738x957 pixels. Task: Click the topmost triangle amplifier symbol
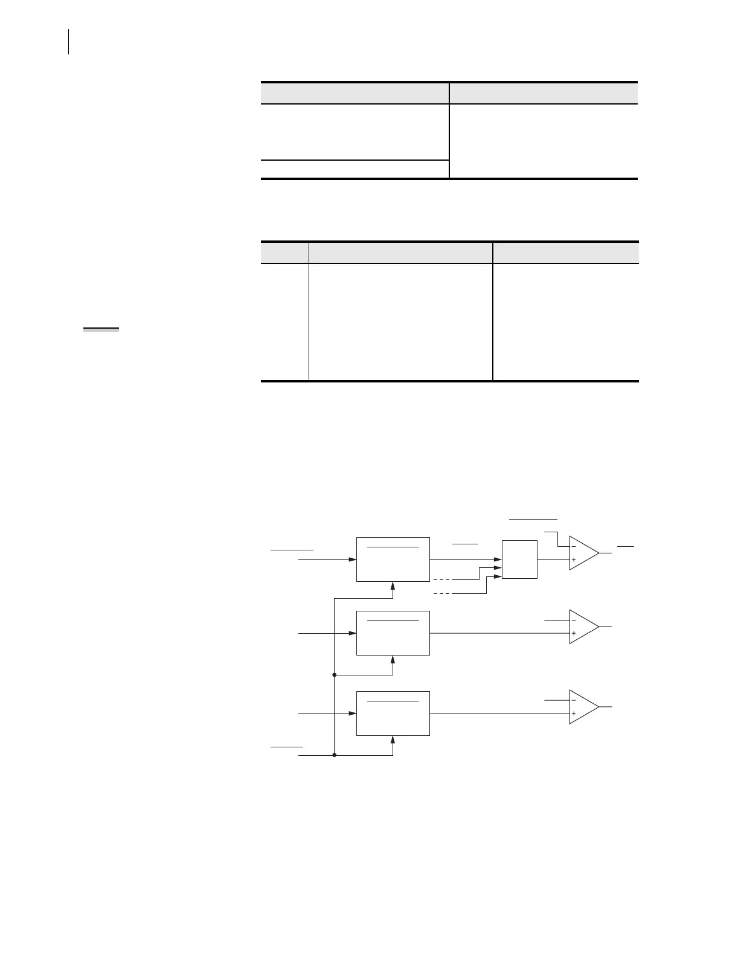pos(582,553)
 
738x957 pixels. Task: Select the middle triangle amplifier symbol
pos(582,627)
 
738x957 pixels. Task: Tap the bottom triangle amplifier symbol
pos(582,707)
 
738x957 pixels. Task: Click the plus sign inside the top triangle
pos(573,560)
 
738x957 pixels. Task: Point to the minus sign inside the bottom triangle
pos(573,700)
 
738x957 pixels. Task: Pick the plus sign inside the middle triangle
pos(573,634)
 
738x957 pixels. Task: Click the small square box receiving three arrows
pos(519,559)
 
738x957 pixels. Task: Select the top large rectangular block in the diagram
pos(393,559)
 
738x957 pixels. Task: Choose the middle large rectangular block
pos(393,633)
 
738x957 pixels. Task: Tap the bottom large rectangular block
pos(393,714)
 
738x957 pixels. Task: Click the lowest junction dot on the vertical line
pos(334,755)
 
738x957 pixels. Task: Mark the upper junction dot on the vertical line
pos(334,674)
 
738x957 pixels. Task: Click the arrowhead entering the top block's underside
pos(393,586)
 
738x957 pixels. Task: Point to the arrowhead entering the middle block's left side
pos(353,634)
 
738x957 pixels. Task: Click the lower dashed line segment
pos(443,594)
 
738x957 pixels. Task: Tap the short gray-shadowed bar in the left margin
pos(101,329)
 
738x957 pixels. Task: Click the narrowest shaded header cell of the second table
pos(284,253)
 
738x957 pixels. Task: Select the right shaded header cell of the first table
pos(544,94)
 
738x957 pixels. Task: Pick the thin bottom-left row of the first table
pos(355,169)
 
